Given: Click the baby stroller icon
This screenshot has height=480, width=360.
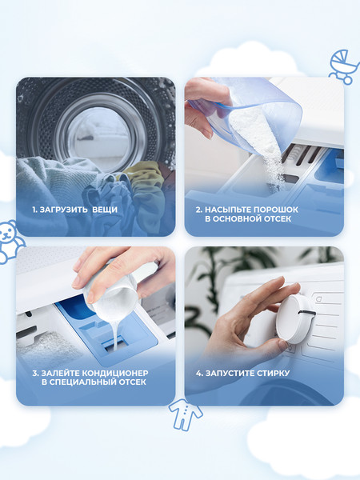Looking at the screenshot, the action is point(344,66).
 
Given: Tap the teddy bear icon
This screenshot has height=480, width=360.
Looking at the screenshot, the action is point(10,242).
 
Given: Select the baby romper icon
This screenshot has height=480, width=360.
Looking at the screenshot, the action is point(186,414).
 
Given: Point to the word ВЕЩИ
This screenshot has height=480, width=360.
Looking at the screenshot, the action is point(105,210).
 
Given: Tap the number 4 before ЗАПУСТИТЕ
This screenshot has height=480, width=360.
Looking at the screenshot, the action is point(198,373).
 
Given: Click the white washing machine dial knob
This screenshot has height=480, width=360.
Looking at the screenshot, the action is point(295,319).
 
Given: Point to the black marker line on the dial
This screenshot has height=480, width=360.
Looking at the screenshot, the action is point(307,313).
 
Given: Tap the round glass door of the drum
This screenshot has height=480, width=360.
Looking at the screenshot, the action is point(98,134).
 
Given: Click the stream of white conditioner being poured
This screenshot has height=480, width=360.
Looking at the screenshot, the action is point(114,334).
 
